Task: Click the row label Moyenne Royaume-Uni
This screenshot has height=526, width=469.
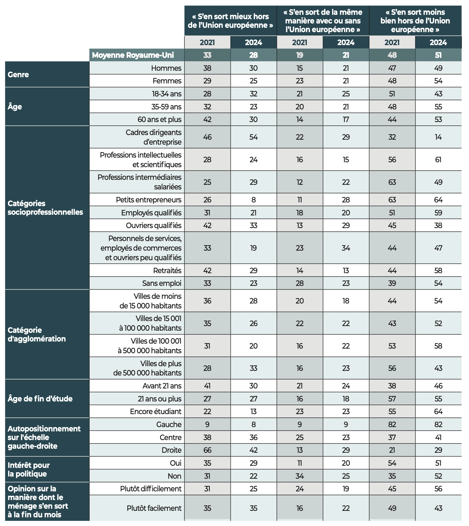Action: [133, 55]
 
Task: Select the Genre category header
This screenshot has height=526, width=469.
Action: [18, 74]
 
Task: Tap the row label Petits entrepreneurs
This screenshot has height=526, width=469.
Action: [149, 200]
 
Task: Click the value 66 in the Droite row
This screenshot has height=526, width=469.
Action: [207, 450]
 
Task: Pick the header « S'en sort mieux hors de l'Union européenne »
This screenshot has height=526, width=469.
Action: [230, 21]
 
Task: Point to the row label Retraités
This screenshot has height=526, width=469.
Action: [167, 271]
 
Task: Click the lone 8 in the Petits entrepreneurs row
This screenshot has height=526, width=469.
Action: [253, 200]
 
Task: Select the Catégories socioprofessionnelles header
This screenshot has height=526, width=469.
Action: [45, 208]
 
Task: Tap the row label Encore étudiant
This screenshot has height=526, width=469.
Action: [156, 412]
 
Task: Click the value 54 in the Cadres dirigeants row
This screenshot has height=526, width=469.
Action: [253, 137]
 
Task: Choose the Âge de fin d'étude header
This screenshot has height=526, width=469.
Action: [40, 399]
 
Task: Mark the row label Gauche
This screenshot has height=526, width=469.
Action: [169, 425]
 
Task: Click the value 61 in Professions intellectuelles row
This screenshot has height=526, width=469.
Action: [438, 160]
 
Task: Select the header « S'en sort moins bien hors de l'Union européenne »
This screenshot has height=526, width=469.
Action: [415, 21]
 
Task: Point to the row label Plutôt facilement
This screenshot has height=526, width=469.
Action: [154, 508]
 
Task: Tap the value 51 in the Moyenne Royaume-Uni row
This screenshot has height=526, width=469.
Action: [438, 55]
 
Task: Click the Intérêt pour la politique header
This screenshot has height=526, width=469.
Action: [29, 469]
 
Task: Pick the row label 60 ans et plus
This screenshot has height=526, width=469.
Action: [159, 120]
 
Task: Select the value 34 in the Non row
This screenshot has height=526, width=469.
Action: [300, 476]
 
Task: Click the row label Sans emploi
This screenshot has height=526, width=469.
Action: [162, 283]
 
